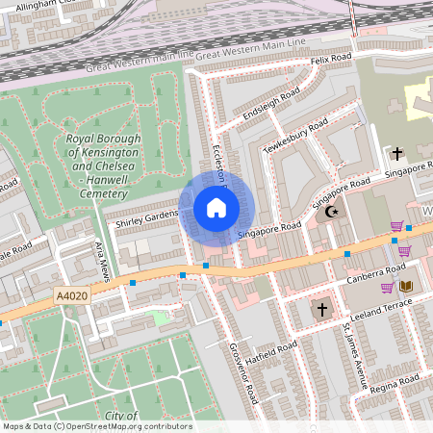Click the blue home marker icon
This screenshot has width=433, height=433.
(x=216, y=208)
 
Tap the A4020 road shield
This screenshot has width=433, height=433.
(x=73, y=298)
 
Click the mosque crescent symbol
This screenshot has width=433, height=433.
(x=334, y=212)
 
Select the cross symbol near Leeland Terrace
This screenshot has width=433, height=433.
(x=322, y=310)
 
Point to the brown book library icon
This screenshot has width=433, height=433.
(x=406, y=286)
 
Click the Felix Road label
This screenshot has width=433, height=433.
(x=333, y=61)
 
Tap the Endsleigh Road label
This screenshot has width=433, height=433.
(x=272, y=105)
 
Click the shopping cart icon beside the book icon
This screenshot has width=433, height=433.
(x=387, y=287)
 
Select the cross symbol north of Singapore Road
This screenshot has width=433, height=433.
(x=396, y=153)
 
